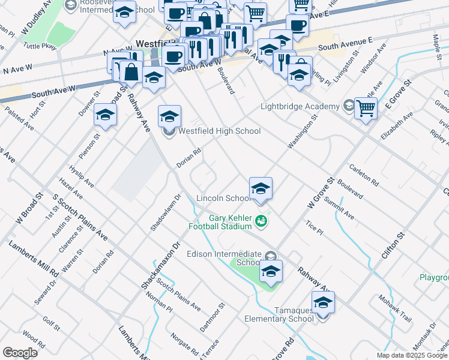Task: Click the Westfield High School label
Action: [x=220, y=131]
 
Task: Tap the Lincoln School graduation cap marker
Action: [x=261, y=188]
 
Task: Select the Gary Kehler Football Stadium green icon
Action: [x=261, y=221]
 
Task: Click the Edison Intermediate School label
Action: [x=231, y=258]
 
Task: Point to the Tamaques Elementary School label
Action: [x=279, y=314]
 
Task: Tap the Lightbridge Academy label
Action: [x=300, y=107]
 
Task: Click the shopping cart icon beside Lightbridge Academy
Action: [x=365, y=109]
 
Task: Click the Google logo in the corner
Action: [x=20, y=353]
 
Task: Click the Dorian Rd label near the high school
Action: [x=187, y=158]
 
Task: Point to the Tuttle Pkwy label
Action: [x=38, y=46]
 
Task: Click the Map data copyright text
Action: [x=412, y=355]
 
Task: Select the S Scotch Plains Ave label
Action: [x=80, y=217]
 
